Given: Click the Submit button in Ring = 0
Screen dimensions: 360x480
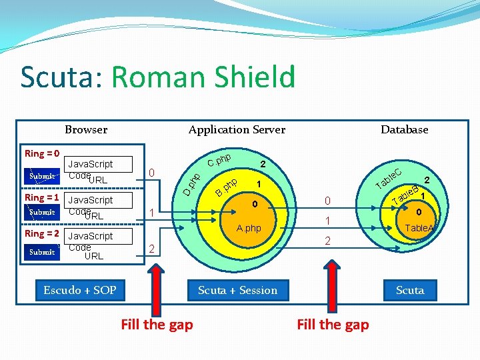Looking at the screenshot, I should click(x=41, y=177).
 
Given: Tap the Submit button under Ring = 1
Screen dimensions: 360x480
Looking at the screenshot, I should click(x=41, y=213).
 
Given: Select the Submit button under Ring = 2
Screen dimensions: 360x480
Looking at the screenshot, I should click(x=41, y=252).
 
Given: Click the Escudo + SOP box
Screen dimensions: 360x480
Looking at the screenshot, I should click(x=80, y=290).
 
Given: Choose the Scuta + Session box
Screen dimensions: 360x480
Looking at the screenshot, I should click(x=238, y=290).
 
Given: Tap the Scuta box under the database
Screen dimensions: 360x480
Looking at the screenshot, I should click(x=410, y=290).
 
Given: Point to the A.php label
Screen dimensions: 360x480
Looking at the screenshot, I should click(x=249, y=229).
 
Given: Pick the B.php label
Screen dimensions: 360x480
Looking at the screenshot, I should click(x=227, y=188).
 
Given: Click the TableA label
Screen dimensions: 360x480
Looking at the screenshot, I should click(x=419, y=228).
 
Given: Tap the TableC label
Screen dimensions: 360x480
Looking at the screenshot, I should click(x=388, y=177).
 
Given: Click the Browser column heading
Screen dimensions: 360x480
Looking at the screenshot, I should click(x=86, y=129).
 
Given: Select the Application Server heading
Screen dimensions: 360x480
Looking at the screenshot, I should click(x=237, y=129).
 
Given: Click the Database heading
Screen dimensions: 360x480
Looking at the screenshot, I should click(x=404, y=129).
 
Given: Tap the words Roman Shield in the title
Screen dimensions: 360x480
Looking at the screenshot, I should click(x=203, y=77).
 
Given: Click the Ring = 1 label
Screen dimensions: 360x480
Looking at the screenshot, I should click(x=42, y=198).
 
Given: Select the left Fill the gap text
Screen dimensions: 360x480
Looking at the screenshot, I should click(x=157, y=325).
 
